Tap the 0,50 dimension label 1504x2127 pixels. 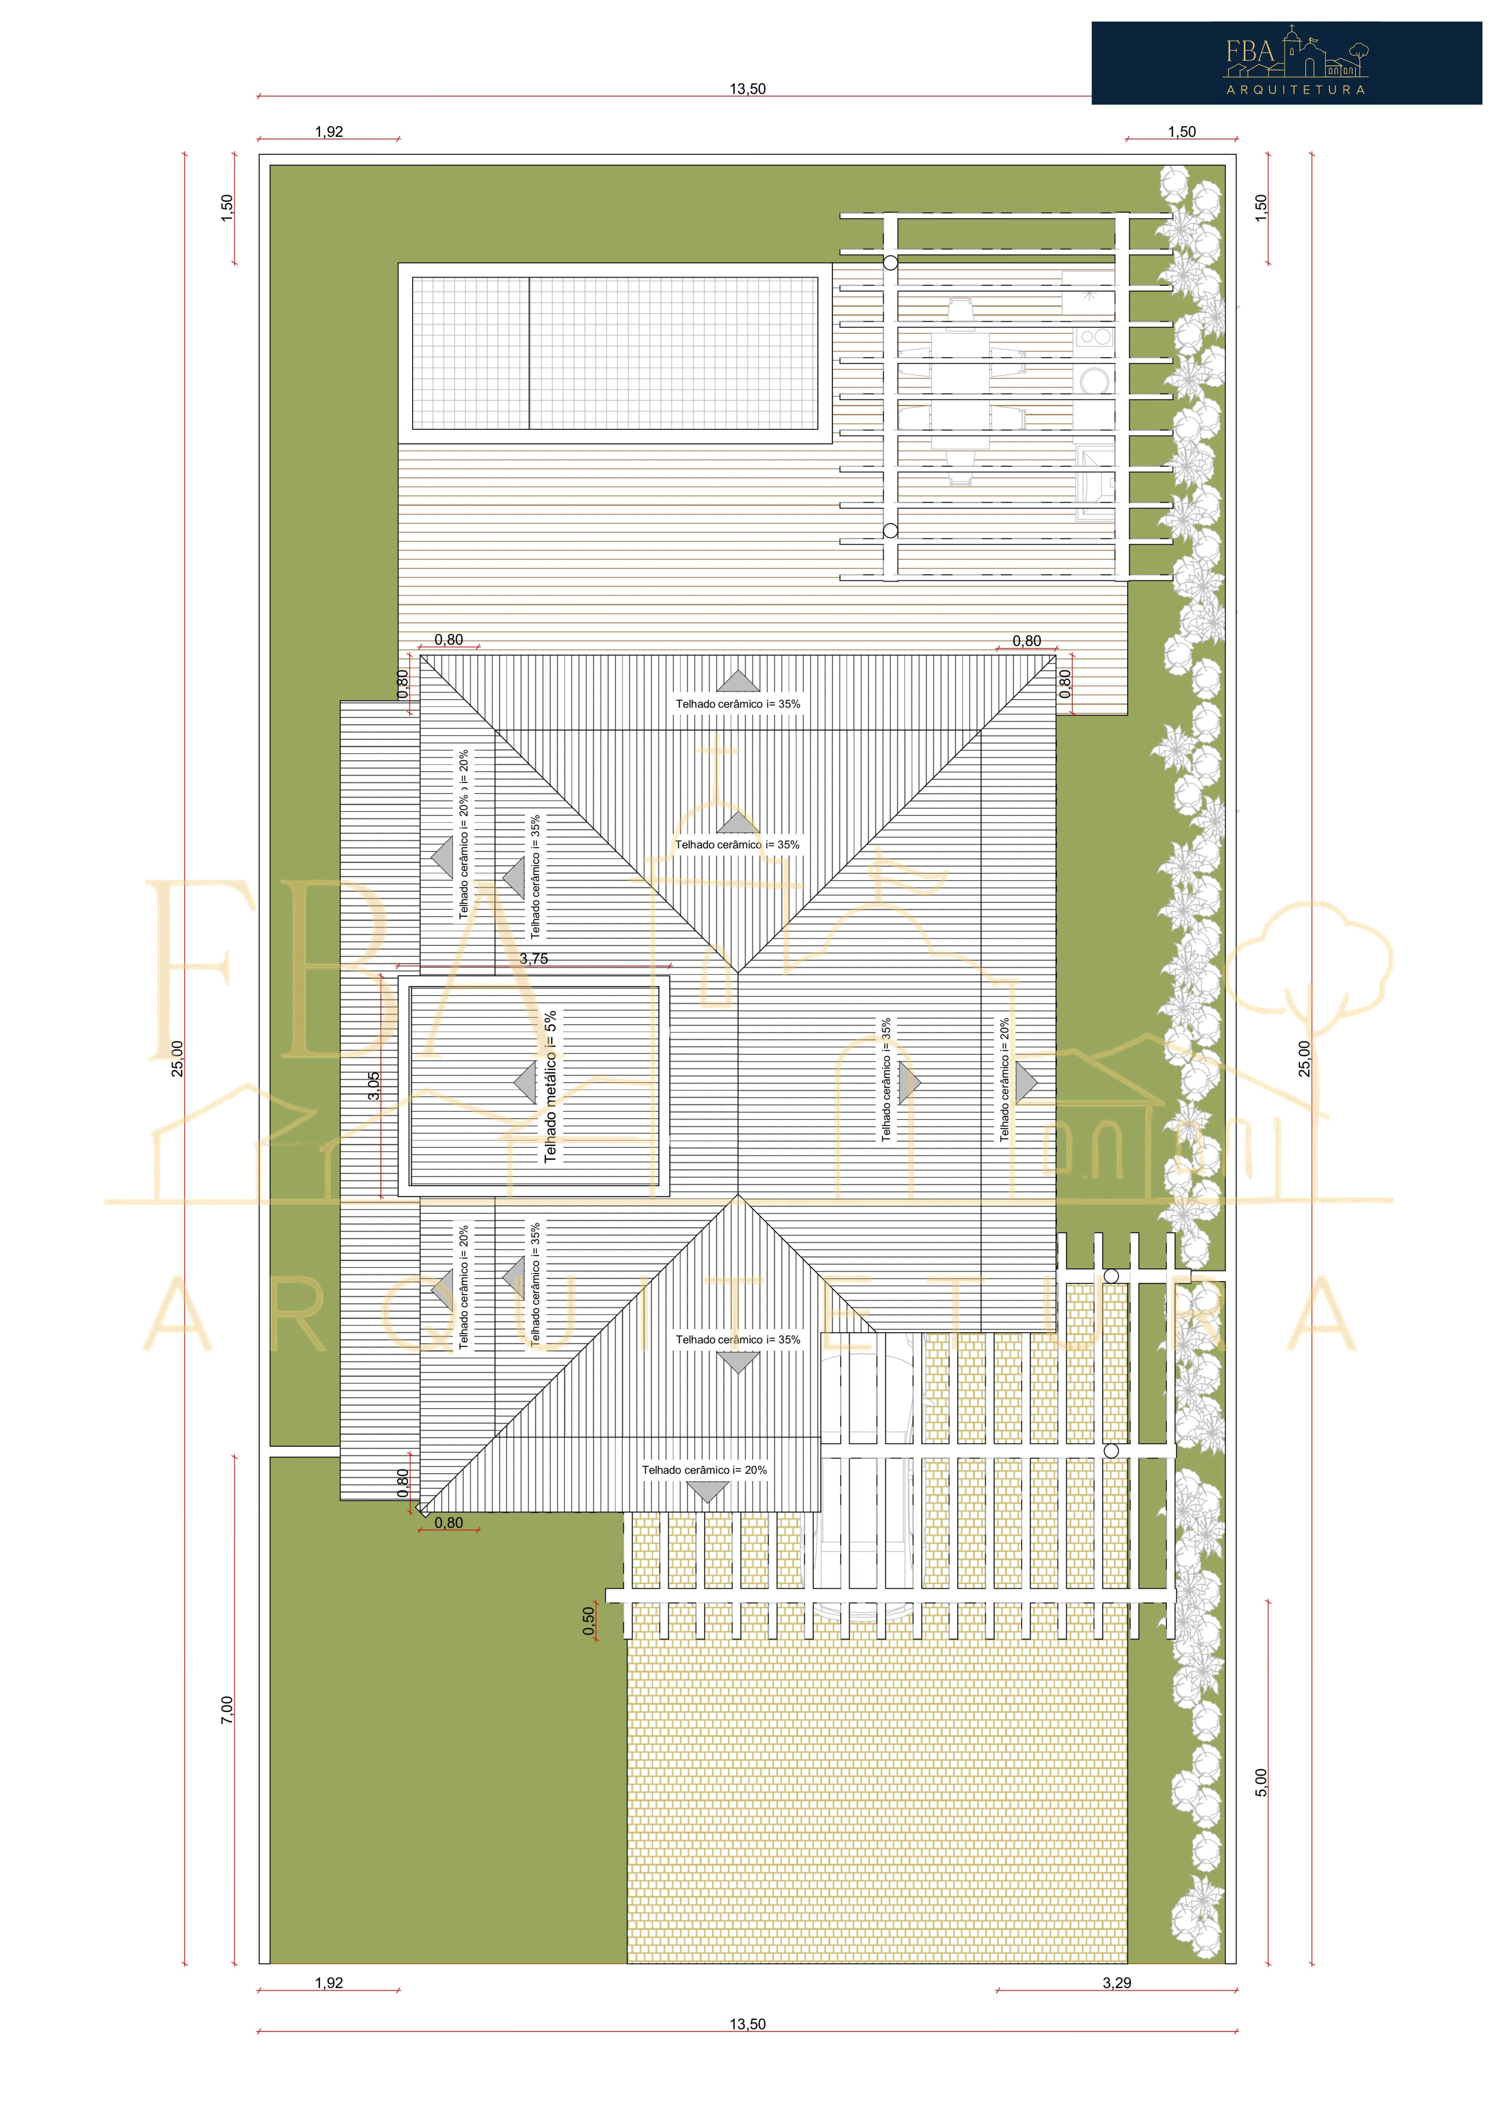[588, 1620]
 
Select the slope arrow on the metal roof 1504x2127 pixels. [525, 1082]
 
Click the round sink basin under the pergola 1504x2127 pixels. [1095, 379]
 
